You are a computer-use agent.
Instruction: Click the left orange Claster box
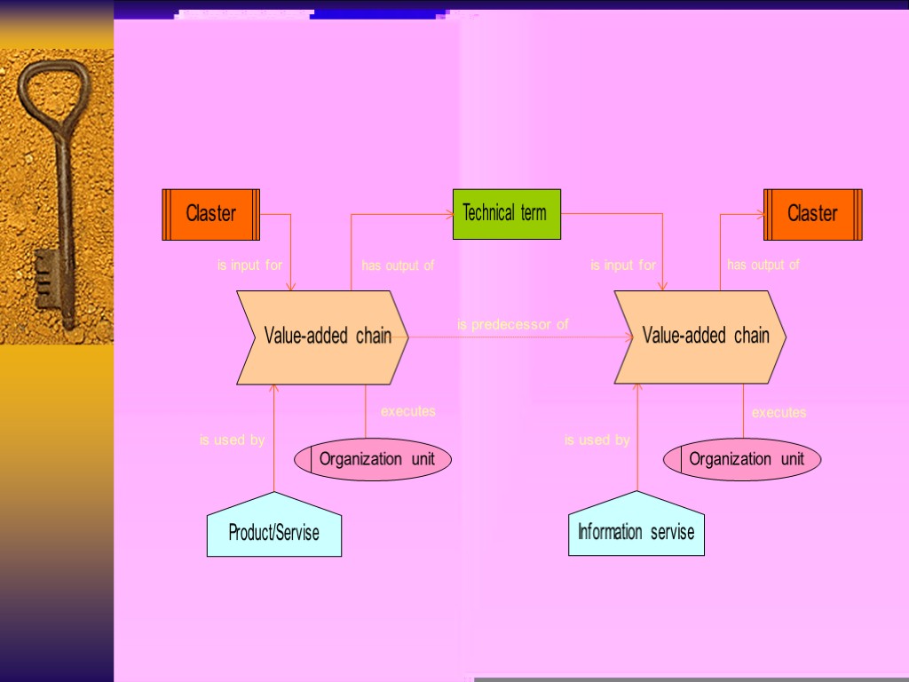[x=210, y=214]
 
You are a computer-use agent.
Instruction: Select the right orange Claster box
[x=813, y=214]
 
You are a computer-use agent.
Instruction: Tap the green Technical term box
[x=506, y=214]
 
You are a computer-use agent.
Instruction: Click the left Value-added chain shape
[x=323, y=337]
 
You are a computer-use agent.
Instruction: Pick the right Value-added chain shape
[x=701, y=337]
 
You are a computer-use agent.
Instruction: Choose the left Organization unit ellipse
[x=374, y=459]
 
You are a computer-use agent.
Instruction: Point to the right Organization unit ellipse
[x=743, y=459]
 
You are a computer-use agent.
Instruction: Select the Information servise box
[x=636, y=531]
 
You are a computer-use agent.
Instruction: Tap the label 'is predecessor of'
[x=512, y=325]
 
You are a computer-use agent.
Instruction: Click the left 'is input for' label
[x=249, y=265]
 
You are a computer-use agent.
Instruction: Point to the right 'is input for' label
[x=623, y=265]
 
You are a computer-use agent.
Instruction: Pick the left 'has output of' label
[x=398, y=265]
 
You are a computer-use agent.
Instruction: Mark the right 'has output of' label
[x=763, y=265]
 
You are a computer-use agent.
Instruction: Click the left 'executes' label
[x=407, y=411]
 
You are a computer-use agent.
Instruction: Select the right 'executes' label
[x=779, y=412]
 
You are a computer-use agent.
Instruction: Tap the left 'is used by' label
[x=232, y=440]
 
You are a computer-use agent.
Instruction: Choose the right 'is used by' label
[x=597, y=440]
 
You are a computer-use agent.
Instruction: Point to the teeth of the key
[x=45, y=279]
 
